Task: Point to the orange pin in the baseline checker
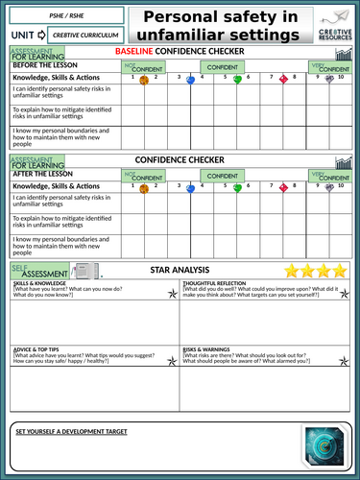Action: [144, 81]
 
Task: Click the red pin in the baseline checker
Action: [283, 81]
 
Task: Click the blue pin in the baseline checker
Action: [190, 81]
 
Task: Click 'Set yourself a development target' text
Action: [71, 431]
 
